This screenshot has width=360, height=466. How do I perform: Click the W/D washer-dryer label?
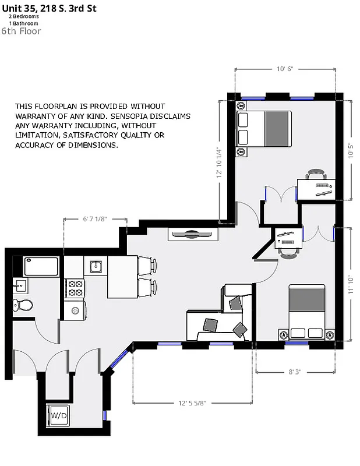(x=59, y=416)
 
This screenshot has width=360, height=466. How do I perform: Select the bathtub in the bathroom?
(x=41, y=266)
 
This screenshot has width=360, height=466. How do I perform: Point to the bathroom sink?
(x=20, y=285)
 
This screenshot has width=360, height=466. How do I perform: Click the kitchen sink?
(x=96, y=267)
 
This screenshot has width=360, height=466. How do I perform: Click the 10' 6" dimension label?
(x=284, y=69)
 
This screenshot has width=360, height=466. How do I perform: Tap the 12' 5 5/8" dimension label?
(x=192, y=403)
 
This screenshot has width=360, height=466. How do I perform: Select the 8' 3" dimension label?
(x=294, y=371)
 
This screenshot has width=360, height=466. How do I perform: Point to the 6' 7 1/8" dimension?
(x=95, y=219)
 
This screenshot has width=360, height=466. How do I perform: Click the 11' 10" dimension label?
(x=351, y=284)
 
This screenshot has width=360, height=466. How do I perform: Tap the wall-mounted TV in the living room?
(x=193, y=234)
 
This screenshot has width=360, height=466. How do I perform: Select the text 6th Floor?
(x=21, y=31)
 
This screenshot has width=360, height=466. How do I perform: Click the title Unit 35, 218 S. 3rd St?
(x=49, y=8)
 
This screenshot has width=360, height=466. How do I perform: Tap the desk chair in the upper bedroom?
(x=316, y=174)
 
